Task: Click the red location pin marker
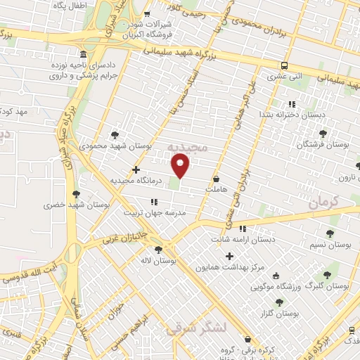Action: pos(181,166)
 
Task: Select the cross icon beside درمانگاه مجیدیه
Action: pos(136,169)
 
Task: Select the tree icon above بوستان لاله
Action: pos(158,249)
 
